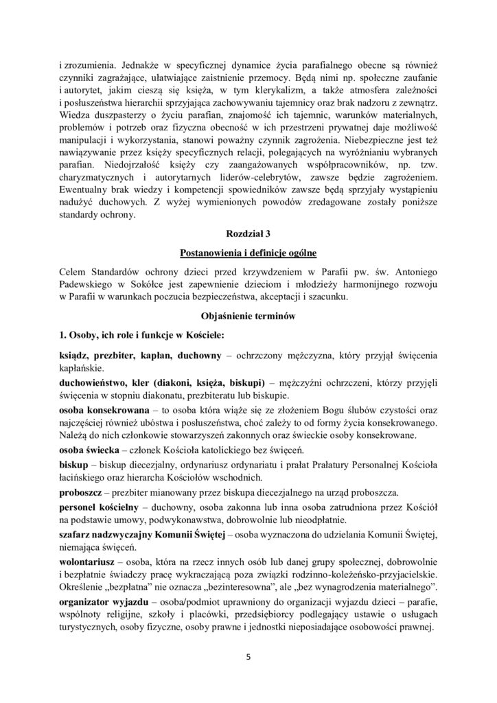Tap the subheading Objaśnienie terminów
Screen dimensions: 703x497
pos(248,316)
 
